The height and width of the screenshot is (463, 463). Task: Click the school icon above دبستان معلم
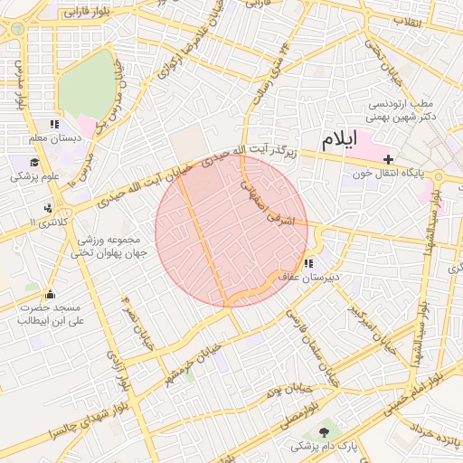coord(54,124)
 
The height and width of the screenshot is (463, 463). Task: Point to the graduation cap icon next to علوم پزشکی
coord(34,163)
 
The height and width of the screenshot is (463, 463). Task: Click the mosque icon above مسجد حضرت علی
coord(50,294)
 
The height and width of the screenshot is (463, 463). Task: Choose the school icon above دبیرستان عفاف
coord(309,263)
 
